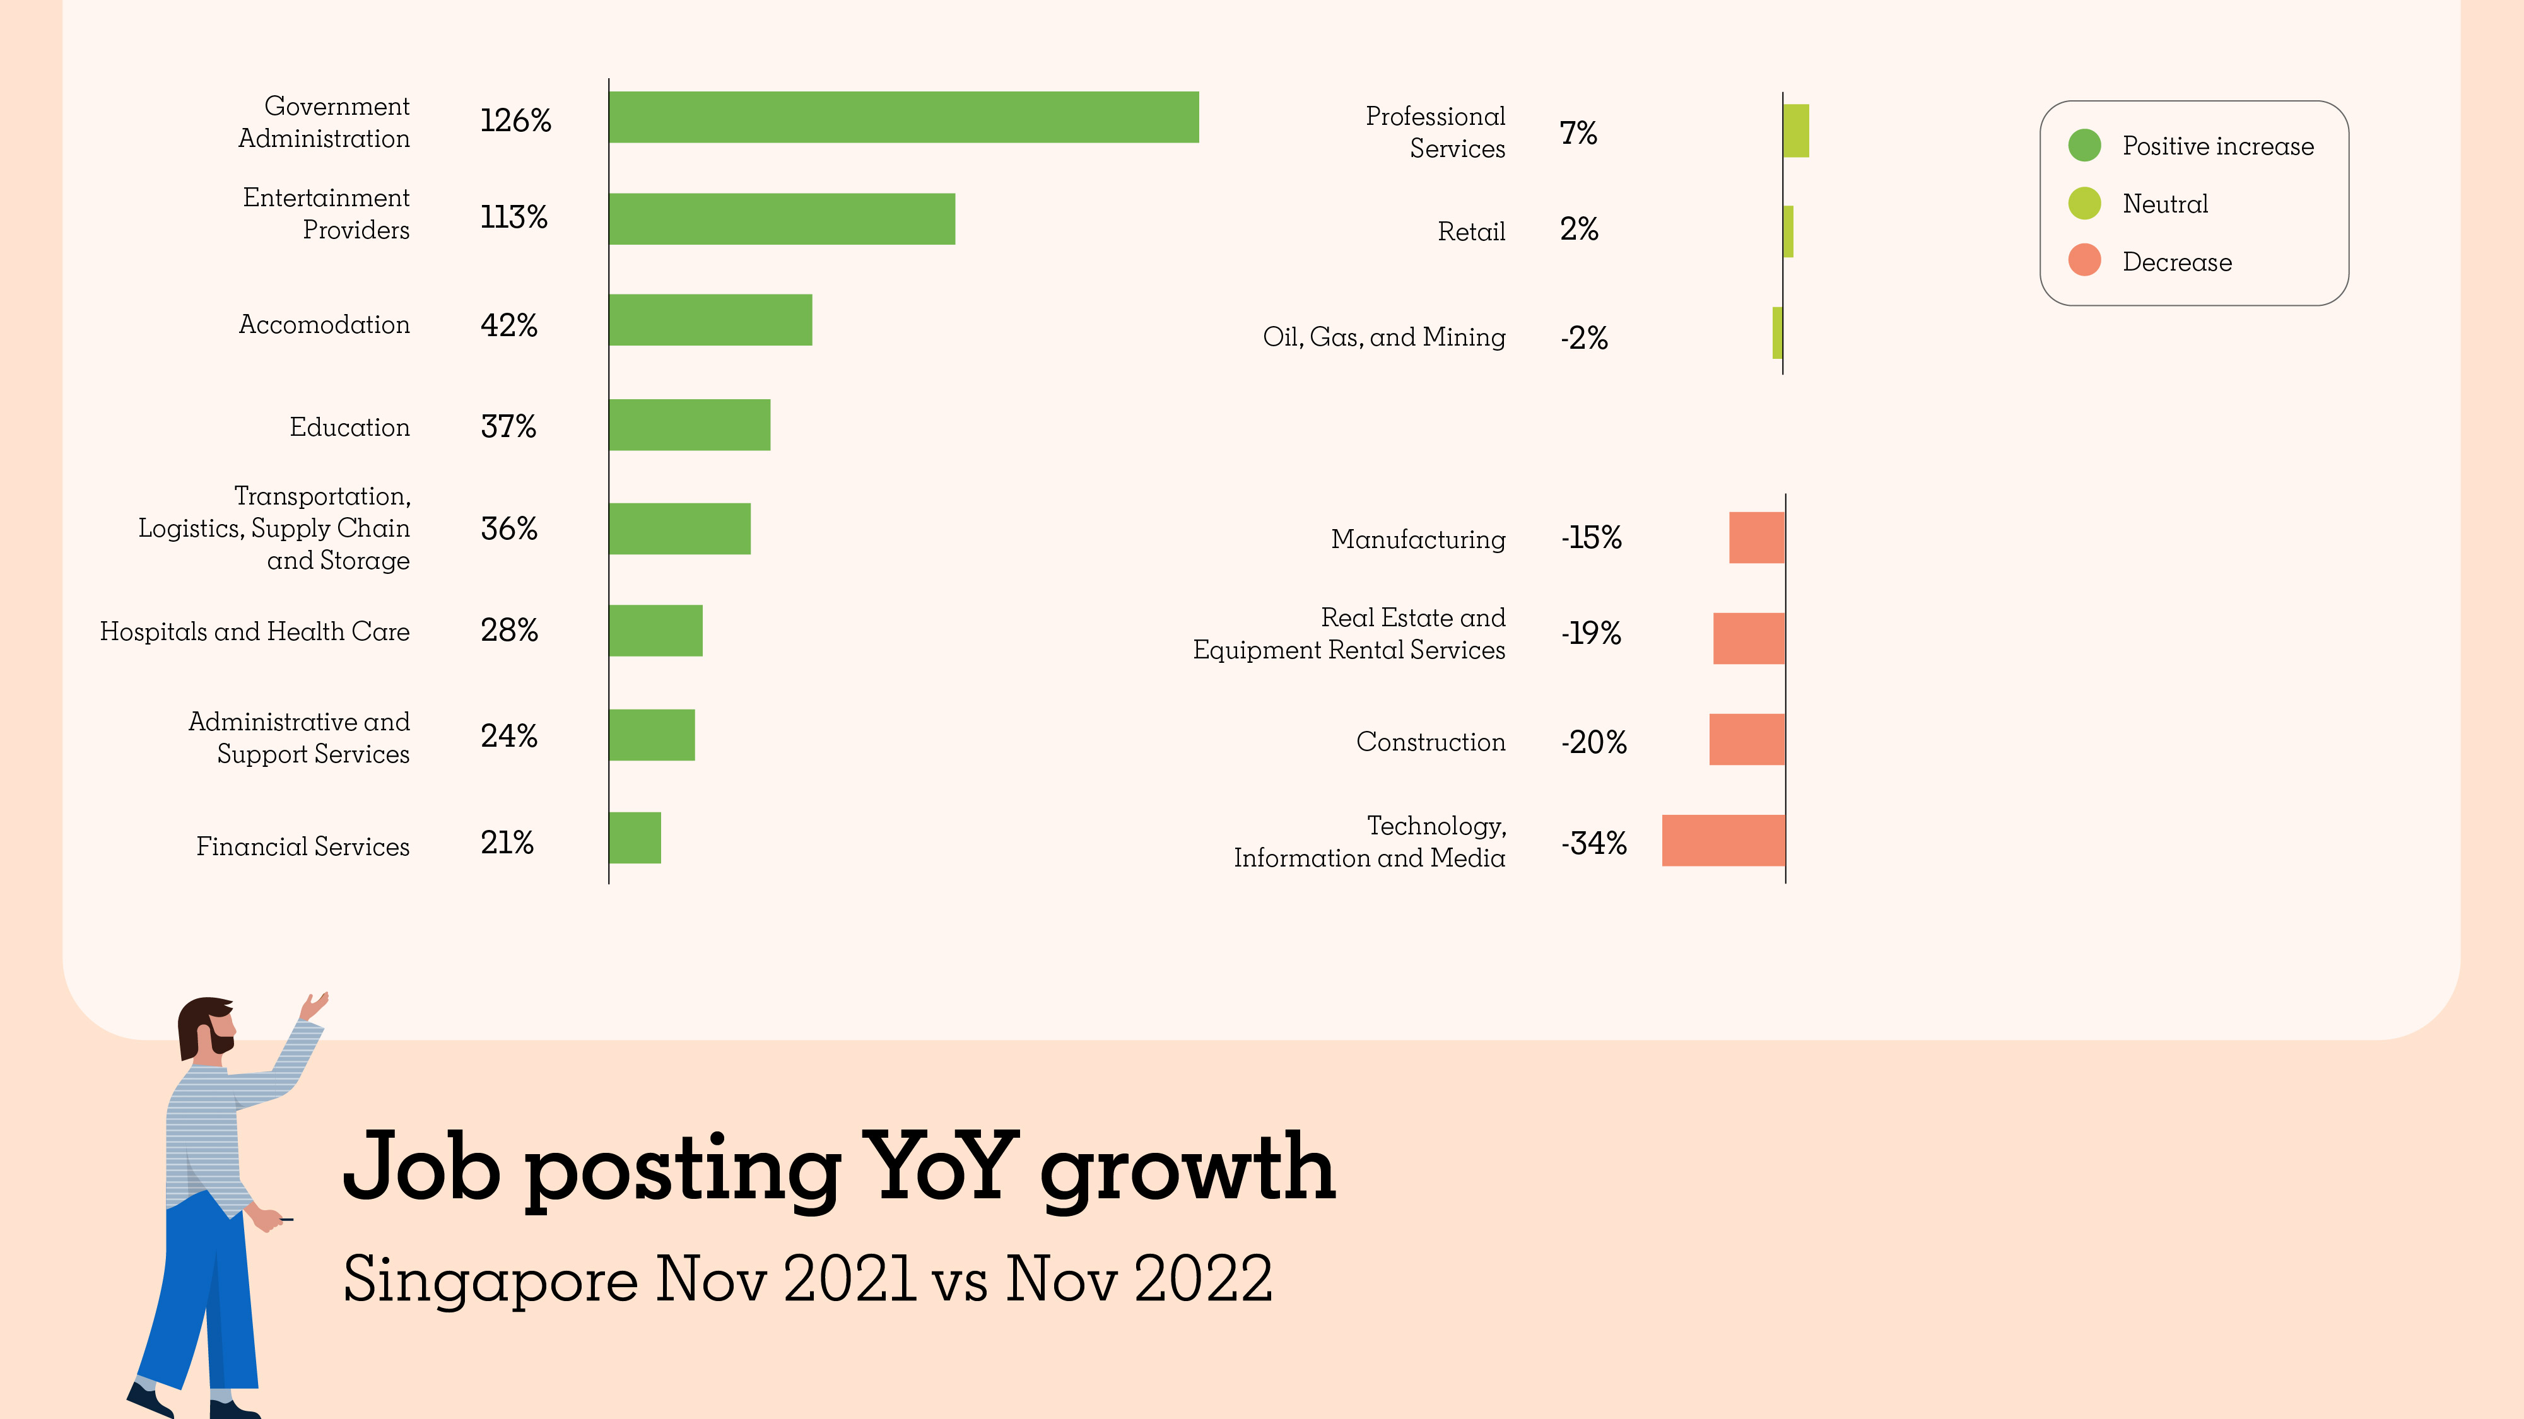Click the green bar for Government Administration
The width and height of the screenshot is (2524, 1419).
click(903, 117)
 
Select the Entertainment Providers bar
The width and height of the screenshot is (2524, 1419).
click(782, 218)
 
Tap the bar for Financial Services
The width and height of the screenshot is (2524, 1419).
click(635, 838)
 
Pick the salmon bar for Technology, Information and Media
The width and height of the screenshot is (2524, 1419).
click(1723, 840)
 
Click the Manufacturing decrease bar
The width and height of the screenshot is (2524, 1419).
click(1757, 537)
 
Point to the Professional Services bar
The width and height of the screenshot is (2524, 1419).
click(1796, 131)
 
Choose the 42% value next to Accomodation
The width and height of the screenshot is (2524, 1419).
click(508, 325)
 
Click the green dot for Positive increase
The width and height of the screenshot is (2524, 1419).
click(2084, 145)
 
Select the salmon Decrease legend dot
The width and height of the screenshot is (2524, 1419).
click(2084, 260)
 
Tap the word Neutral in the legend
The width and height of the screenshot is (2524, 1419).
click(2166, 204)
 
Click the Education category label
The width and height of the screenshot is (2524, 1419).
click(349, 427)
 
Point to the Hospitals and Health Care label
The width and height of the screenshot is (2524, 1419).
click(255, 632)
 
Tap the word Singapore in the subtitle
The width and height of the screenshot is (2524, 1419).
click(490, 1280)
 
